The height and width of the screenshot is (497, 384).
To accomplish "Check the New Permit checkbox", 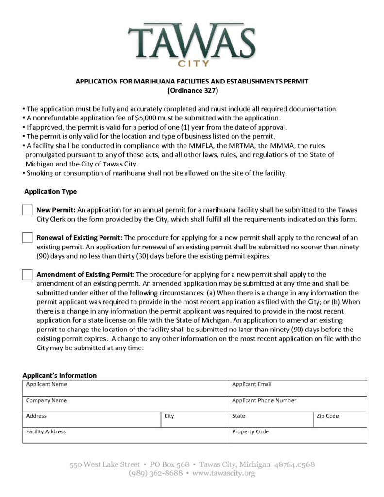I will point(27,210).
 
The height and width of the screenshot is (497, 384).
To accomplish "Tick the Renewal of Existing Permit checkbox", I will point(27,238).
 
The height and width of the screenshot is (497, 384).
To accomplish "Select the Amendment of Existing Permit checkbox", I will point(27,274).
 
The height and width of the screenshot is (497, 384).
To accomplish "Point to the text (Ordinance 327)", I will point(192,90).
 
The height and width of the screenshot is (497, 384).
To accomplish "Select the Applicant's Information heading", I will point(59,375).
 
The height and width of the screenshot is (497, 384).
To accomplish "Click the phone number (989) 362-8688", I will point(155,473).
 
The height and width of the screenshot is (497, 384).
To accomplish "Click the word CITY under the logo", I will point(193,64).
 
